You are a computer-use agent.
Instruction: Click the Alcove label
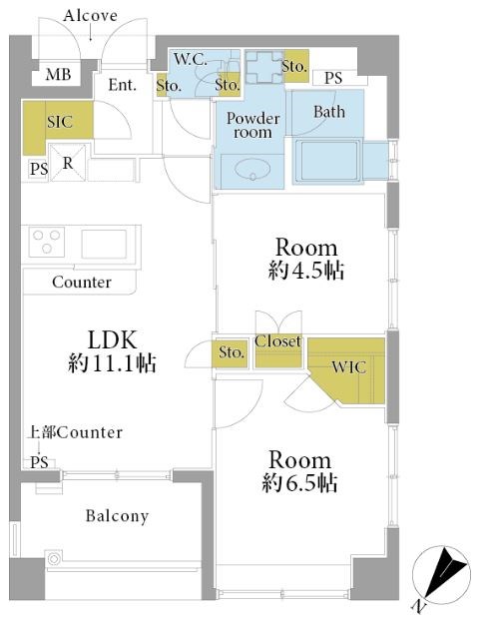tap(90, 16)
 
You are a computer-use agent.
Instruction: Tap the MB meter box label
tap(58, 74)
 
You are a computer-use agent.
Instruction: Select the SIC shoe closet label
tap(60, 122)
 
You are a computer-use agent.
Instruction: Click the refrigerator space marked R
tap(68, 163)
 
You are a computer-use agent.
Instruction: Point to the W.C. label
tap(191, 60)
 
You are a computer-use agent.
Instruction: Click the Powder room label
tap(252, 125)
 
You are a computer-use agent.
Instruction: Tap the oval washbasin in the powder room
tap(252, 171)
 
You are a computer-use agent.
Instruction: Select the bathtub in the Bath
tap(329, 161)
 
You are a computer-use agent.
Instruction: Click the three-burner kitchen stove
tap(46, 242)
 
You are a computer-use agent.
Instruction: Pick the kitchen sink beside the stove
tap(104, 244)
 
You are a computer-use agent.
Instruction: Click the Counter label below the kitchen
tap(82, 282)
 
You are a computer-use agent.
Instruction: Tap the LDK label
tap(112, 339)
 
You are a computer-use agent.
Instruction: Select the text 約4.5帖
tap(306, 271)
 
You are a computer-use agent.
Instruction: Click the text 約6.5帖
tap(299, 483)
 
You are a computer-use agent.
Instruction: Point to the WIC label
tap(348, 367)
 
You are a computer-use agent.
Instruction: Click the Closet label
tap(277, 341)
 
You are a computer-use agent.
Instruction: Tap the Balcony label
tap(117, 516)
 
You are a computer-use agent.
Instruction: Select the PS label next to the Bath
tap(333, 78)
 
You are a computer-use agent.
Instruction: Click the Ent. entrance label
tap(122, 85)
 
